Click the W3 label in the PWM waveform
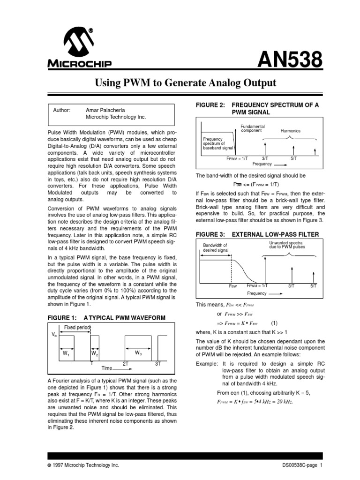tap(138, 352)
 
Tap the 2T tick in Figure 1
tap(126, 364)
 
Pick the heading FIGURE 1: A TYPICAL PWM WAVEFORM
tap(106, 318)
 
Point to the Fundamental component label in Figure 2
tap(252, 128)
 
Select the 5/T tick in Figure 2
tap(293, 158)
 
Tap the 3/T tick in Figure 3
tap(291, 285)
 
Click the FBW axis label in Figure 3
tap(232, 285)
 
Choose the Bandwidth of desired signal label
tap(215, 248)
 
